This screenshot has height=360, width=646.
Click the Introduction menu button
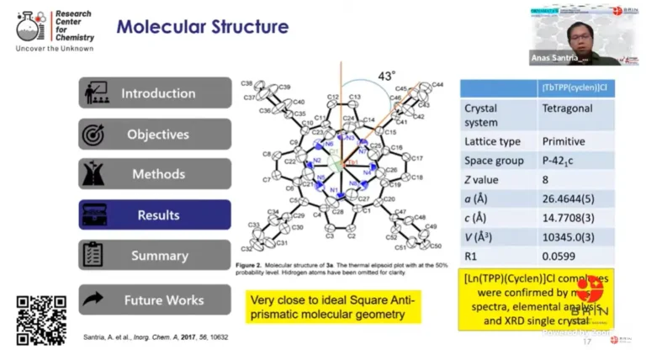(155, 93)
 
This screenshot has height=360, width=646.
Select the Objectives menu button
(155, 134)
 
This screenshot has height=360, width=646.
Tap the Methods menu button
(155, 174)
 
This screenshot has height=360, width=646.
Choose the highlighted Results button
(155, 214)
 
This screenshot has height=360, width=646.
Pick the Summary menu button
(155, 255)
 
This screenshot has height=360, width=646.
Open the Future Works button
(155, 299)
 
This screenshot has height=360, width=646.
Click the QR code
(40, 320)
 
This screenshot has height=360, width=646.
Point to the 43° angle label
(387, 76)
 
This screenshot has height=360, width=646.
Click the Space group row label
(493, 160)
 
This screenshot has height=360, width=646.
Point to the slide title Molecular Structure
(203, 27)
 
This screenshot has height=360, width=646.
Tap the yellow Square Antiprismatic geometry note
(333, 307)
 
